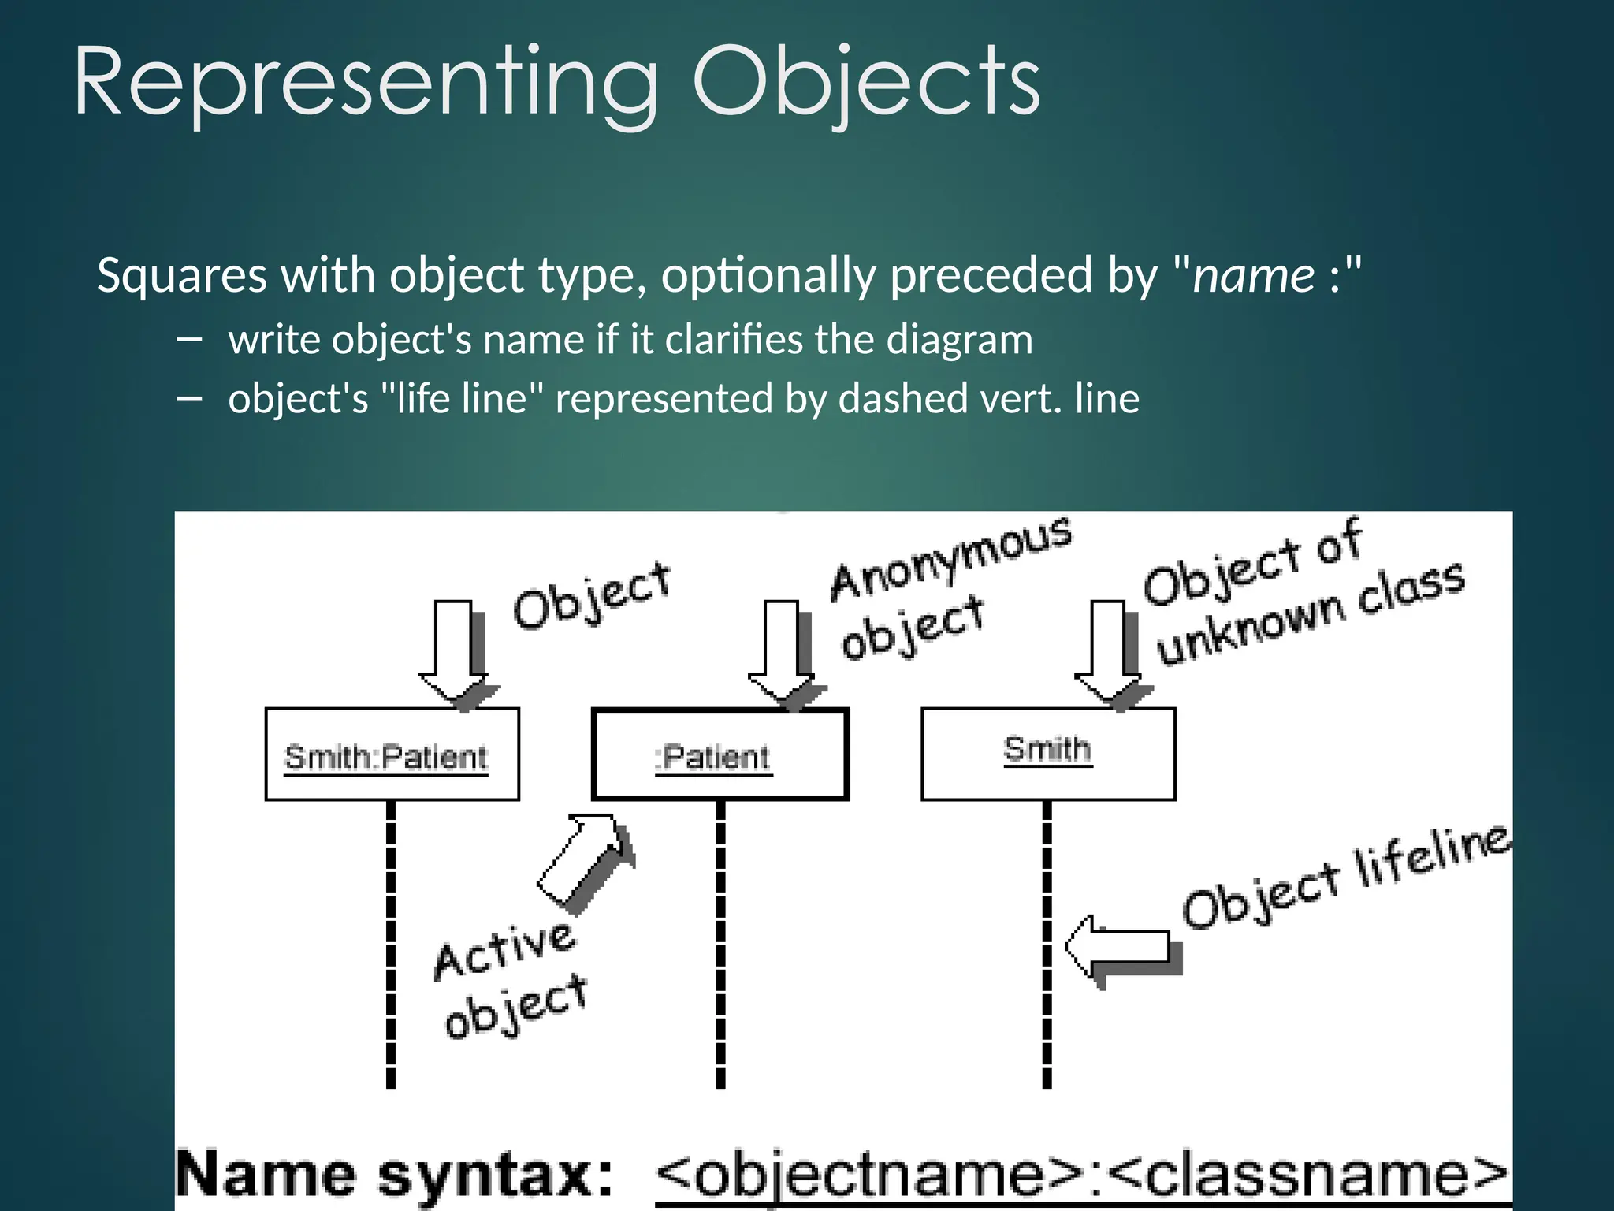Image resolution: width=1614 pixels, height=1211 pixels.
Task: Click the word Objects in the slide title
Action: [x=866, y=83]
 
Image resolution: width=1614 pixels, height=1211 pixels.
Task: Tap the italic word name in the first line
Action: [x=1253, y=276]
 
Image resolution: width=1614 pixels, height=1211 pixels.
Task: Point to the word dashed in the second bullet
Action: [x=886, y=398]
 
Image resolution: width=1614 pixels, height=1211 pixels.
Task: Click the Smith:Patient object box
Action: [x=392, y=755]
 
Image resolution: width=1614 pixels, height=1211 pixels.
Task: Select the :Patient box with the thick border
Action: [x=720, y=755]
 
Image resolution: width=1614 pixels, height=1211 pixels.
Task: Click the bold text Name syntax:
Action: [x=394, y=1176]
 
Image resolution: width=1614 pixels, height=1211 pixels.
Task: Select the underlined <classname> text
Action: [x=1308, y=1176]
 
